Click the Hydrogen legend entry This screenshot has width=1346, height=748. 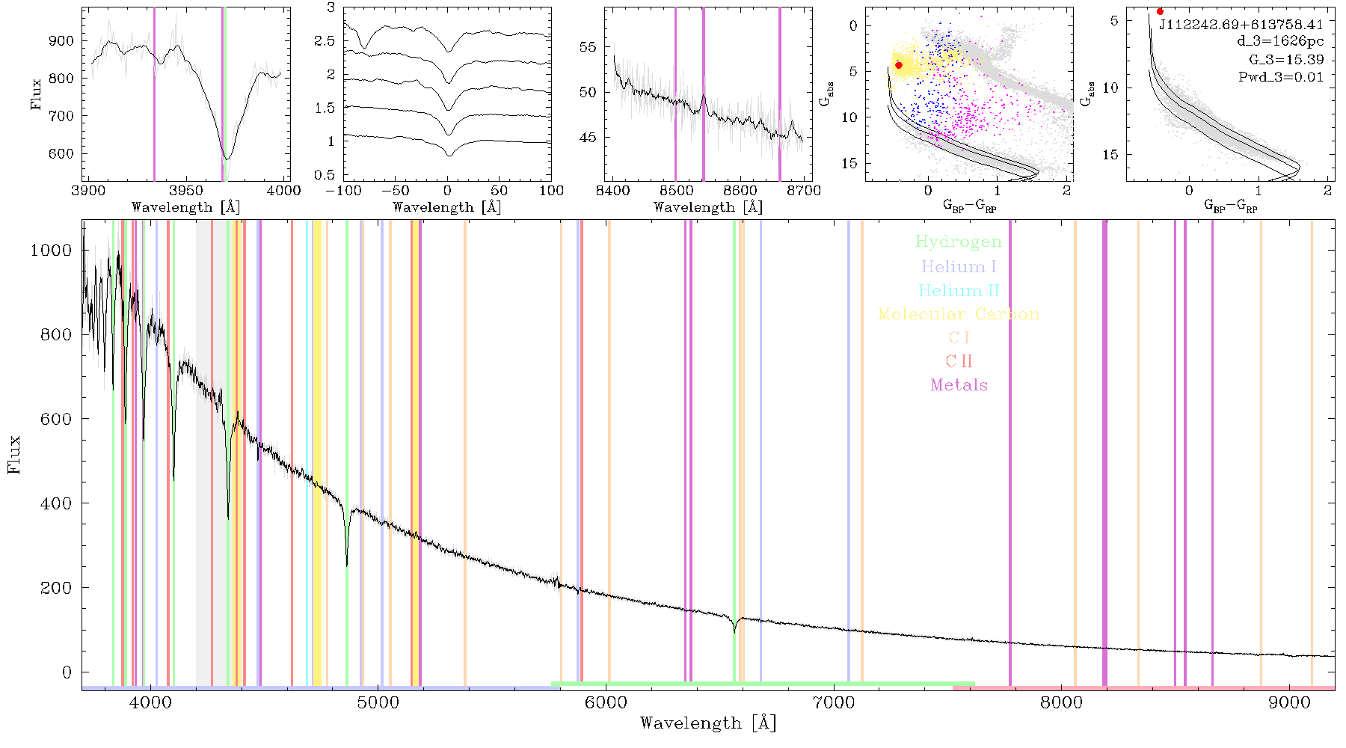tap(958, 242)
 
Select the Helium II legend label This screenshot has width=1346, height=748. tap(959, 290)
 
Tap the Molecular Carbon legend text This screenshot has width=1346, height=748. tap(959, 314)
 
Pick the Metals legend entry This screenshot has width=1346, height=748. tap(959, 385)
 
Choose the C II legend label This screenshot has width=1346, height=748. tap(959, 361)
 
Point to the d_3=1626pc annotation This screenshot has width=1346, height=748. tap(1280, 42)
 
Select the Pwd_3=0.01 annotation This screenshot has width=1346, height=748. tap(1281, 76)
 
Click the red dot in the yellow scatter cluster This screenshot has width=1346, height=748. tap(899, 65)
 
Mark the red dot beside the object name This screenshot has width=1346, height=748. tap(1160, 11)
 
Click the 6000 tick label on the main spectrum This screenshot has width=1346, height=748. tap(606, 702)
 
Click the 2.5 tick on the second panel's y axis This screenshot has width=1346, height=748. tap(325, 41)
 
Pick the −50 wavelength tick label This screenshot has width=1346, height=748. tap(395, 190)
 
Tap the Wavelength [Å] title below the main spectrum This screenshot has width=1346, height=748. tap(708, 723)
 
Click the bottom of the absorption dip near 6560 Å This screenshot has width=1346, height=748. tap(734, 632)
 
